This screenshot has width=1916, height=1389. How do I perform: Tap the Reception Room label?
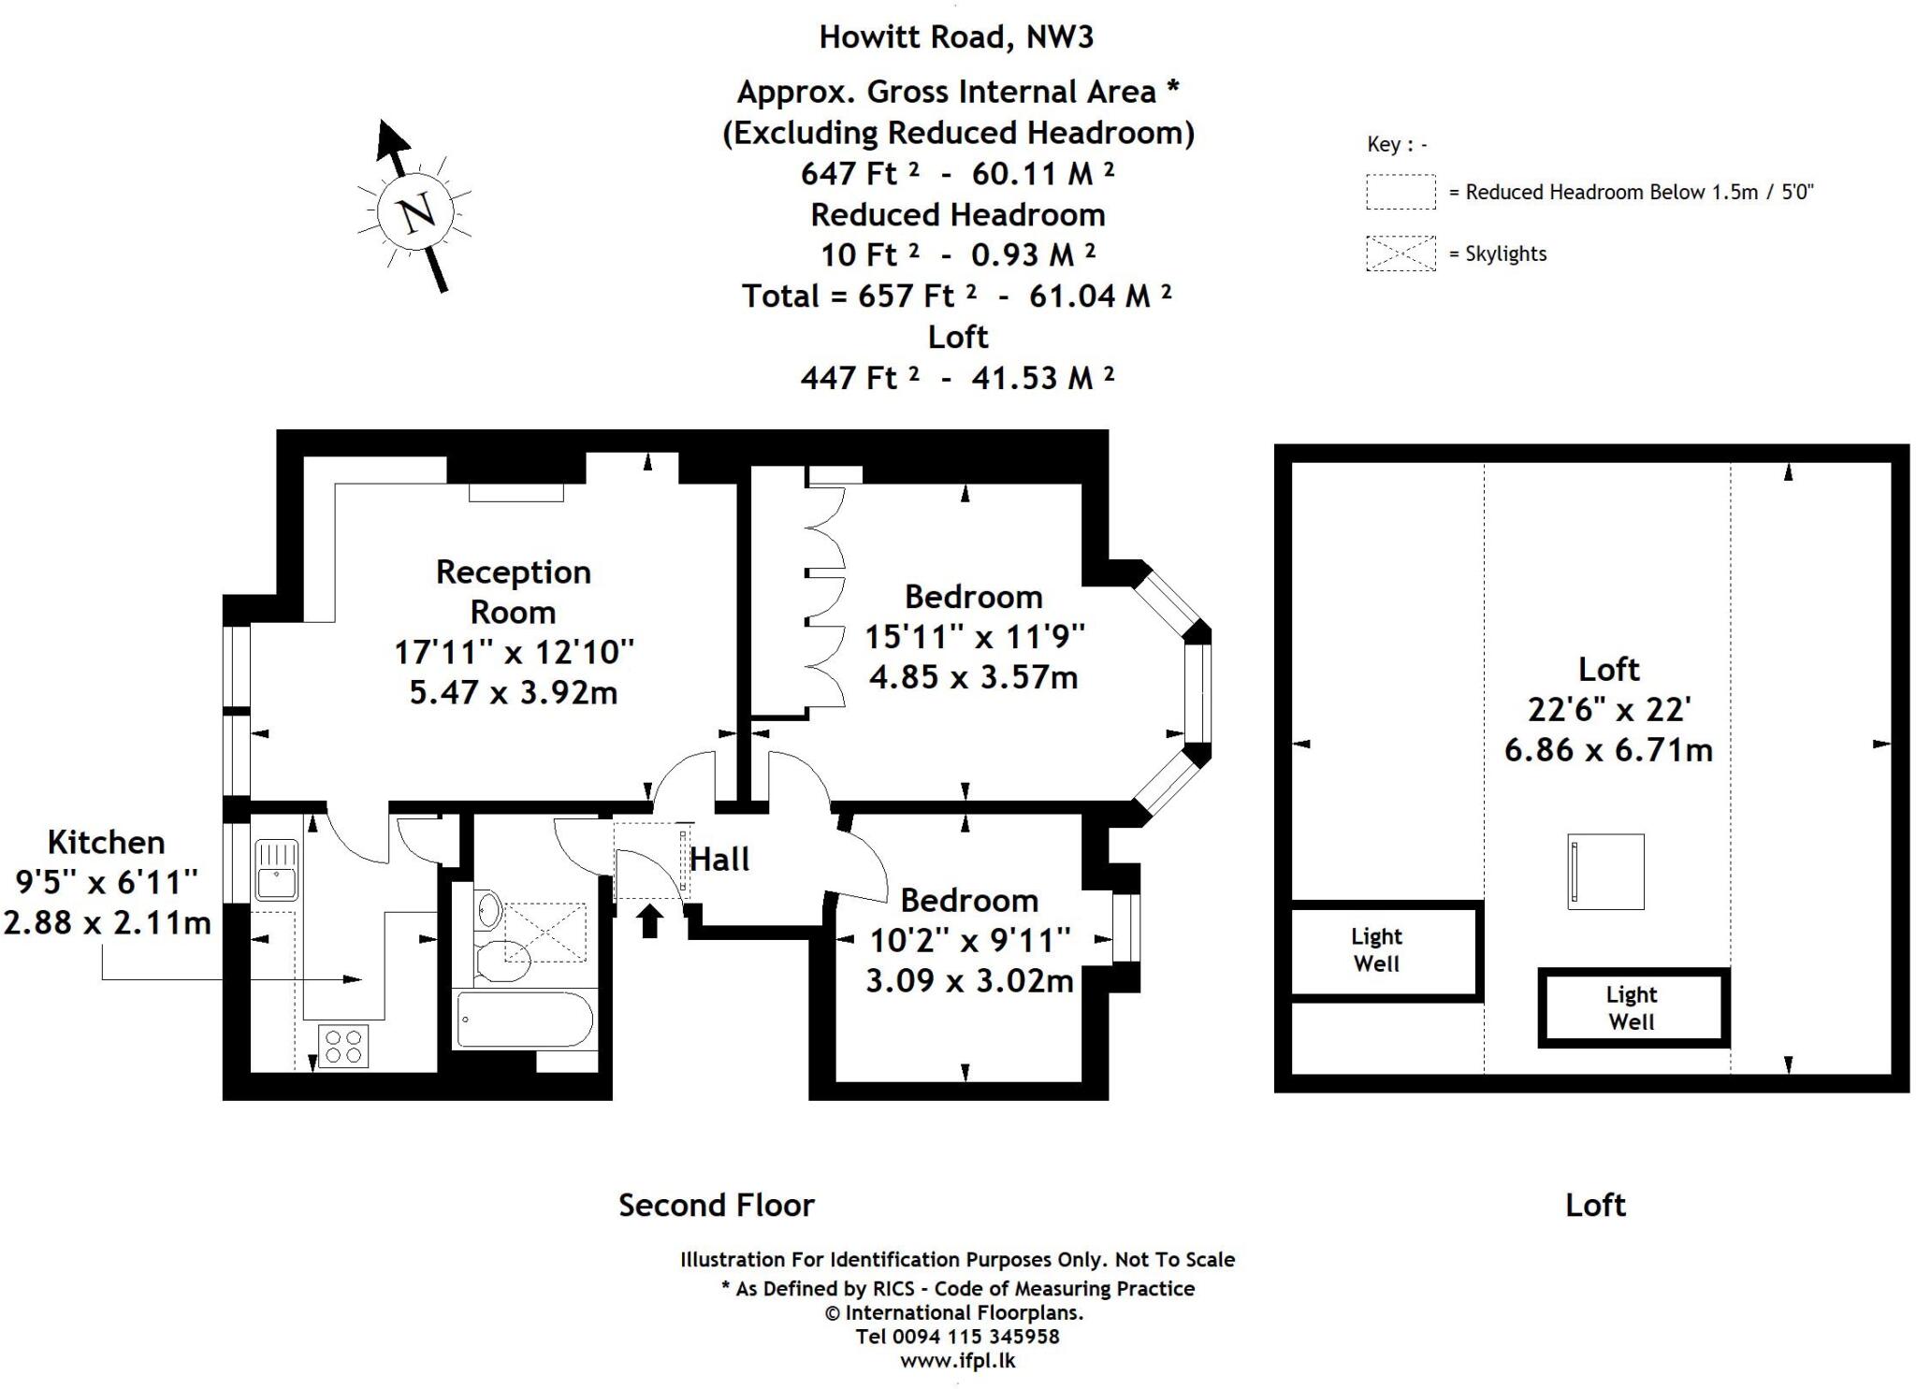[513, 591]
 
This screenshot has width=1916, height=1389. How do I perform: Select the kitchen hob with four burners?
[342, 1046]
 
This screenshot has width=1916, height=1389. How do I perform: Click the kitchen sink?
[276, 870]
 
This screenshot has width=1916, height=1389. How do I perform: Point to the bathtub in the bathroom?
[524, 1020]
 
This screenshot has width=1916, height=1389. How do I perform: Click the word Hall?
[719, 860]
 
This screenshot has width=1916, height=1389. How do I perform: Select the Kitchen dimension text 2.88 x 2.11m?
[108, 922]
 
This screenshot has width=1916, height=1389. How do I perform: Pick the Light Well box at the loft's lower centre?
[1633, 1008]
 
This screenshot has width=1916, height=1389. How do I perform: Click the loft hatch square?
[1605, 872]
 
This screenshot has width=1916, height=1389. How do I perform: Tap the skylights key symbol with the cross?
[1400, 253]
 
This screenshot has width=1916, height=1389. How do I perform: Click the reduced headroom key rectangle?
[1400, 192]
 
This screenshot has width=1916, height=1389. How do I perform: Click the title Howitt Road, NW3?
[955, 37]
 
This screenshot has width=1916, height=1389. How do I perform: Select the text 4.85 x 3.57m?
[973, 676]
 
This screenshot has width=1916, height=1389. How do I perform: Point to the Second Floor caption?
[716, 1205]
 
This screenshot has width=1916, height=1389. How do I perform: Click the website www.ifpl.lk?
[957, 1361]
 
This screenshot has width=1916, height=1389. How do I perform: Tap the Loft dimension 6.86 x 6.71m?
[1607, 749]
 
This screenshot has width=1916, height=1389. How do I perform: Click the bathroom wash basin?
[487, 909]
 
